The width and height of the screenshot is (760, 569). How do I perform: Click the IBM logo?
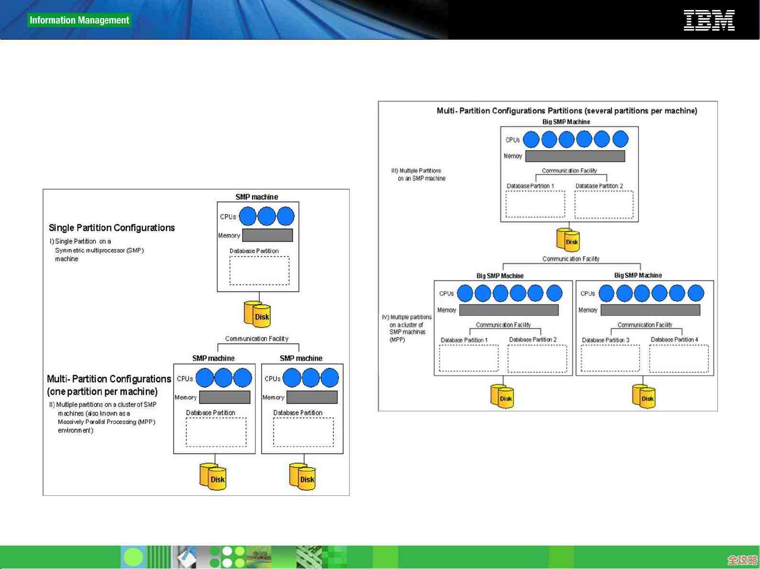(709, 21)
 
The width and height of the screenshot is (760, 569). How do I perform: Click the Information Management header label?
(79, 20)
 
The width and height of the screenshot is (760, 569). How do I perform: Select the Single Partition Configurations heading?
(111, 228)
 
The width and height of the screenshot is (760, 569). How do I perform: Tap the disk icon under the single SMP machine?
(257, 314)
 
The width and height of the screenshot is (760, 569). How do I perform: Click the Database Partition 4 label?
(674, 340)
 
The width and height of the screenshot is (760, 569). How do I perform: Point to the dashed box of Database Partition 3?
(610, 358)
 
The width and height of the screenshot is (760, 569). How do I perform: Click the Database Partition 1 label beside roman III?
(530, 186)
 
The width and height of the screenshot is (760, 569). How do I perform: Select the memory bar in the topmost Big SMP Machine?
(575, 156)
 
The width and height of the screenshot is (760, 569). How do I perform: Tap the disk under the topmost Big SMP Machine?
(568, 239)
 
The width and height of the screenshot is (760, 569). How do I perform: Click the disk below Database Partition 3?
(643, 397)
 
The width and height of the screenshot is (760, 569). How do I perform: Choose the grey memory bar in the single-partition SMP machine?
(267, 235)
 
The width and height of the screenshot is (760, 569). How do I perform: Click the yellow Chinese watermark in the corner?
(742, 559)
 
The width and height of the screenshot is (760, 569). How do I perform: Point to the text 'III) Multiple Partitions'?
(416, 171)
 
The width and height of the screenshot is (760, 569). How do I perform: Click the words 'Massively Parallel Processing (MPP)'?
(106, 422)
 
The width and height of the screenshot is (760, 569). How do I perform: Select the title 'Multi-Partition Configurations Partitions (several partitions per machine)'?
(567, 111)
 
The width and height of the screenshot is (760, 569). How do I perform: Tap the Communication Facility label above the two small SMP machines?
(257, 339)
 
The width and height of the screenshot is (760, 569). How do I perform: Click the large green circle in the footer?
(133, 557)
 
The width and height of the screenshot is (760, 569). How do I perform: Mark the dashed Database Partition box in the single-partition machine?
(259, 270)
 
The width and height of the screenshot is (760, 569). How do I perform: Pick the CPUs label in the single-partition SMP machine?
(228, 216)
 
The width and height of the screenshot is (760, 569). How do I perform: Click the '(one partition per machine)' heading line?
(102, 392)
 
